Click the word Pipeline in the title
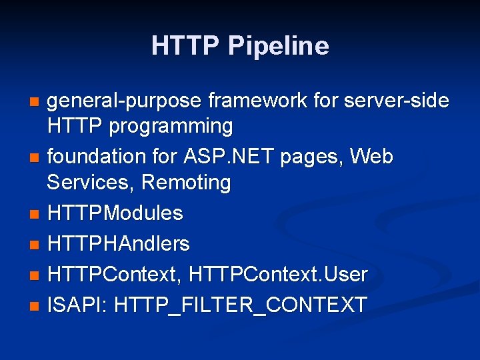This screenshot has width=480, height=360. tap(278, 46)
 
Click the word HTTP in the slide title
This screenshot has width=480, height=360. tap(186, 46)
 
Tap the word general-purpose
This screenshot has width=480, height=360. tap(125, 101)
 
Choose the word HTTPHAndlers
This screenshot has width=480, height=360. tap(119, 244)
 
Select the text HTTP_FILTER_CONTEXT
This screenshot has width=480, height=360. tap(241, 305)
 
